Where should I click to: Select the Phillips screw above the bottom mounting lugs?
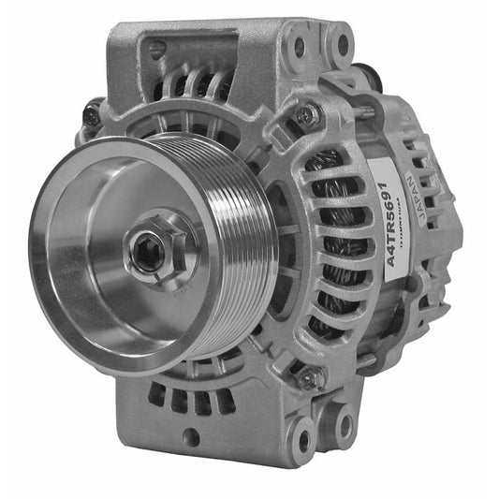[x=309, y=378]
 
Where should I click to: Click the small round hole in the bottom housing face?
[x=191, y=434]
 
